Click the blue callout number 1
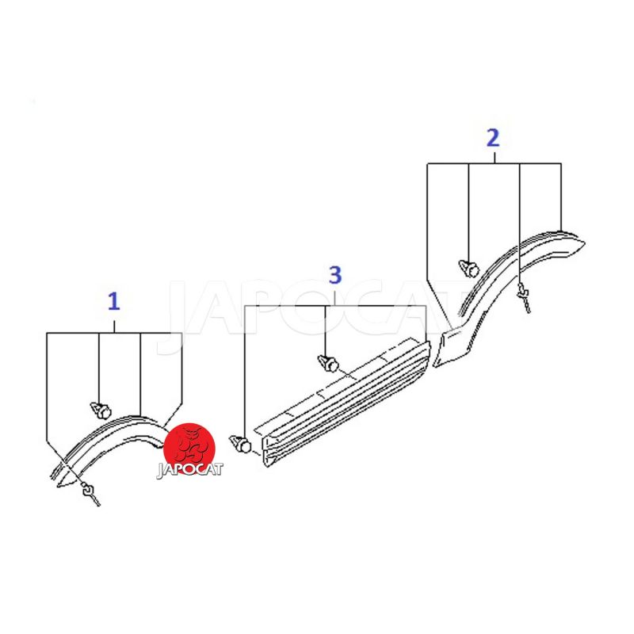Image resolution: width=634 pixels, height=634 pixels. tap(114, 302)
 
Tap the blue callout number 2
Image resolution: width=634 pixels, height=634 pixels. tap(493, 138)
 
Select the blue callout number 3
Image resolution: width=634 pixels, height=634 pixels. tap(335, 275)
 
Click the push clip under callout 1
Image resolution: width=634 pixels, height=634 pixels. tap(101, 411)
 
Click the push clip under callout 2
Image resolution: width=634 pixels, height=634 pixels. tap(469, 269)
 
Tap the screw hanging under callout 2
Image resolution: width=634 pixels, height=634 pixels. tap(524, 297)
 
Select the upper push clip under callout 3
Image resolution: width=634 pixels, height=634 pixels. tap(328, 363)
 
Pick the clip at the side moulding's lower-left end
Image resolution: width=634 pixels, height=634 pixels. tap(240, 444)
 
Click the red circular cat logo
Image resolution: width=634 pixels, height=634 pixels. tap(189, 449)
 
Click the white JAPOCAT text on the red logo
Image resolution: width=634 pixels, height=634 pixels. tap(189, 469)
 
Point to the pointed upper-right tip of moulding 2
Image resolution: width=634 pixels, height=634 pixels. tap(585, 243)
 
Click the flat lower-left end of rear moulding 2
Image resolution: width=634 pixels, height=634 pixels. tap(440, 349)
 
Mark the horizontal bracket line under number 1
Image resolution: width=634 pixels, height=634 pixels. tap(114, 333)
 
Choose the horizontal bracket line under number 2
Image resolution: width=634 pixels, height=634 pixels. tap(494, 163)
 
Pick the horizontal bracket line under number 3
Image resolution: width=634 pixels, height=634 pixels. tap(335, 306)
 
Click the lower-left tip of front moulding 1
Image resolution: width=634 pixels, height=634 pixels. tap(59, 485)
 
